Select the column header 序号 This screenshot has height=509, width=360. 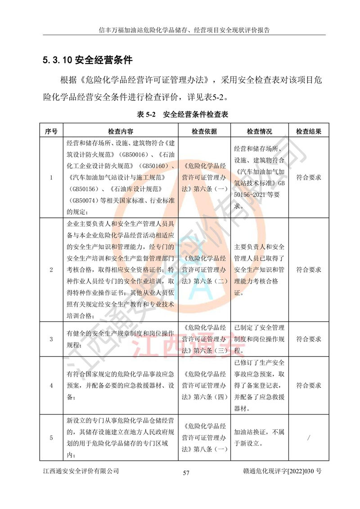[51, 131]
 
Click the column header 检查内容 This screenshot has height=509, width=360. [120, 131]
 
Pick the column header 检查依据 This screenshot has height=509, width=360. [204, 131]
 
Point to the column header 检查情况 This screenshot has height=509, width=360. [259, 131]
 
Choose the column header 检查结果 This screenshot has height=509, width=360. [308, 131]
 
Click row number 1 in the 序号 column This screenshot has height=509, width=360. [51, 177]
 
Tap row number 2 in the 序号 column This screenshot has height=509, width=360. [51, 270]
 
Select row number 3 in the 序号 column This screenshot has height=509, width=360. [51, 339]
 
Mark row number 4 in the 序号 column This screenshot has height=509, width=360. [51, 386]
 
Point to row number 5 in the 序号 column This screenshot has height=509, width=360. [51, 437]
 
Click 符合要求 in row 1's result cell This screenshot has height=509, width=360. [308, 177]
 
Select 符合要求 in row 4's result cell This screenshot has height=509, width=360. [308, 386]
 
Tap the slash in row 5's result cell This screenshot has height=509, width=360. [308, 437]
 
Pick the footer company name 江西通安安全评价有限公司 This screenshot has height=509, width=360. [81, 471]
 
